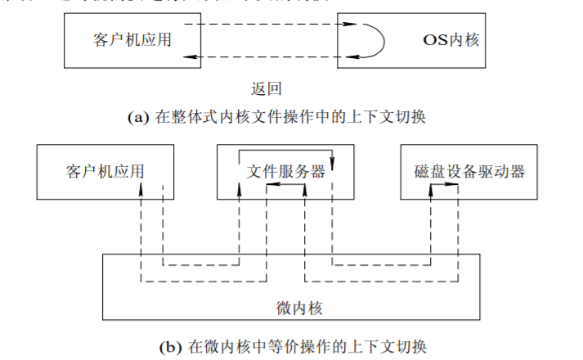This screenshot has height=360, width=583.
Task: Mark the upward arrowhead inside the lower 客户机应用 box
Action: click(141, 187)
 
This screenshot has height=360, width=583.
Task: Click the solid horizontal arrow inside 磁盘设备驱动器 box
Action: click(445, 186)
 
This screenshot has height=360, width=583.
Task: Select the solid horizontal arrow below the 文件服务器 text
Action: click(285, 186)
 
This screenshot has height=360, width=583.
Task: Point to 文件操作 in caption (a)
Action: click(283, 117)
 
